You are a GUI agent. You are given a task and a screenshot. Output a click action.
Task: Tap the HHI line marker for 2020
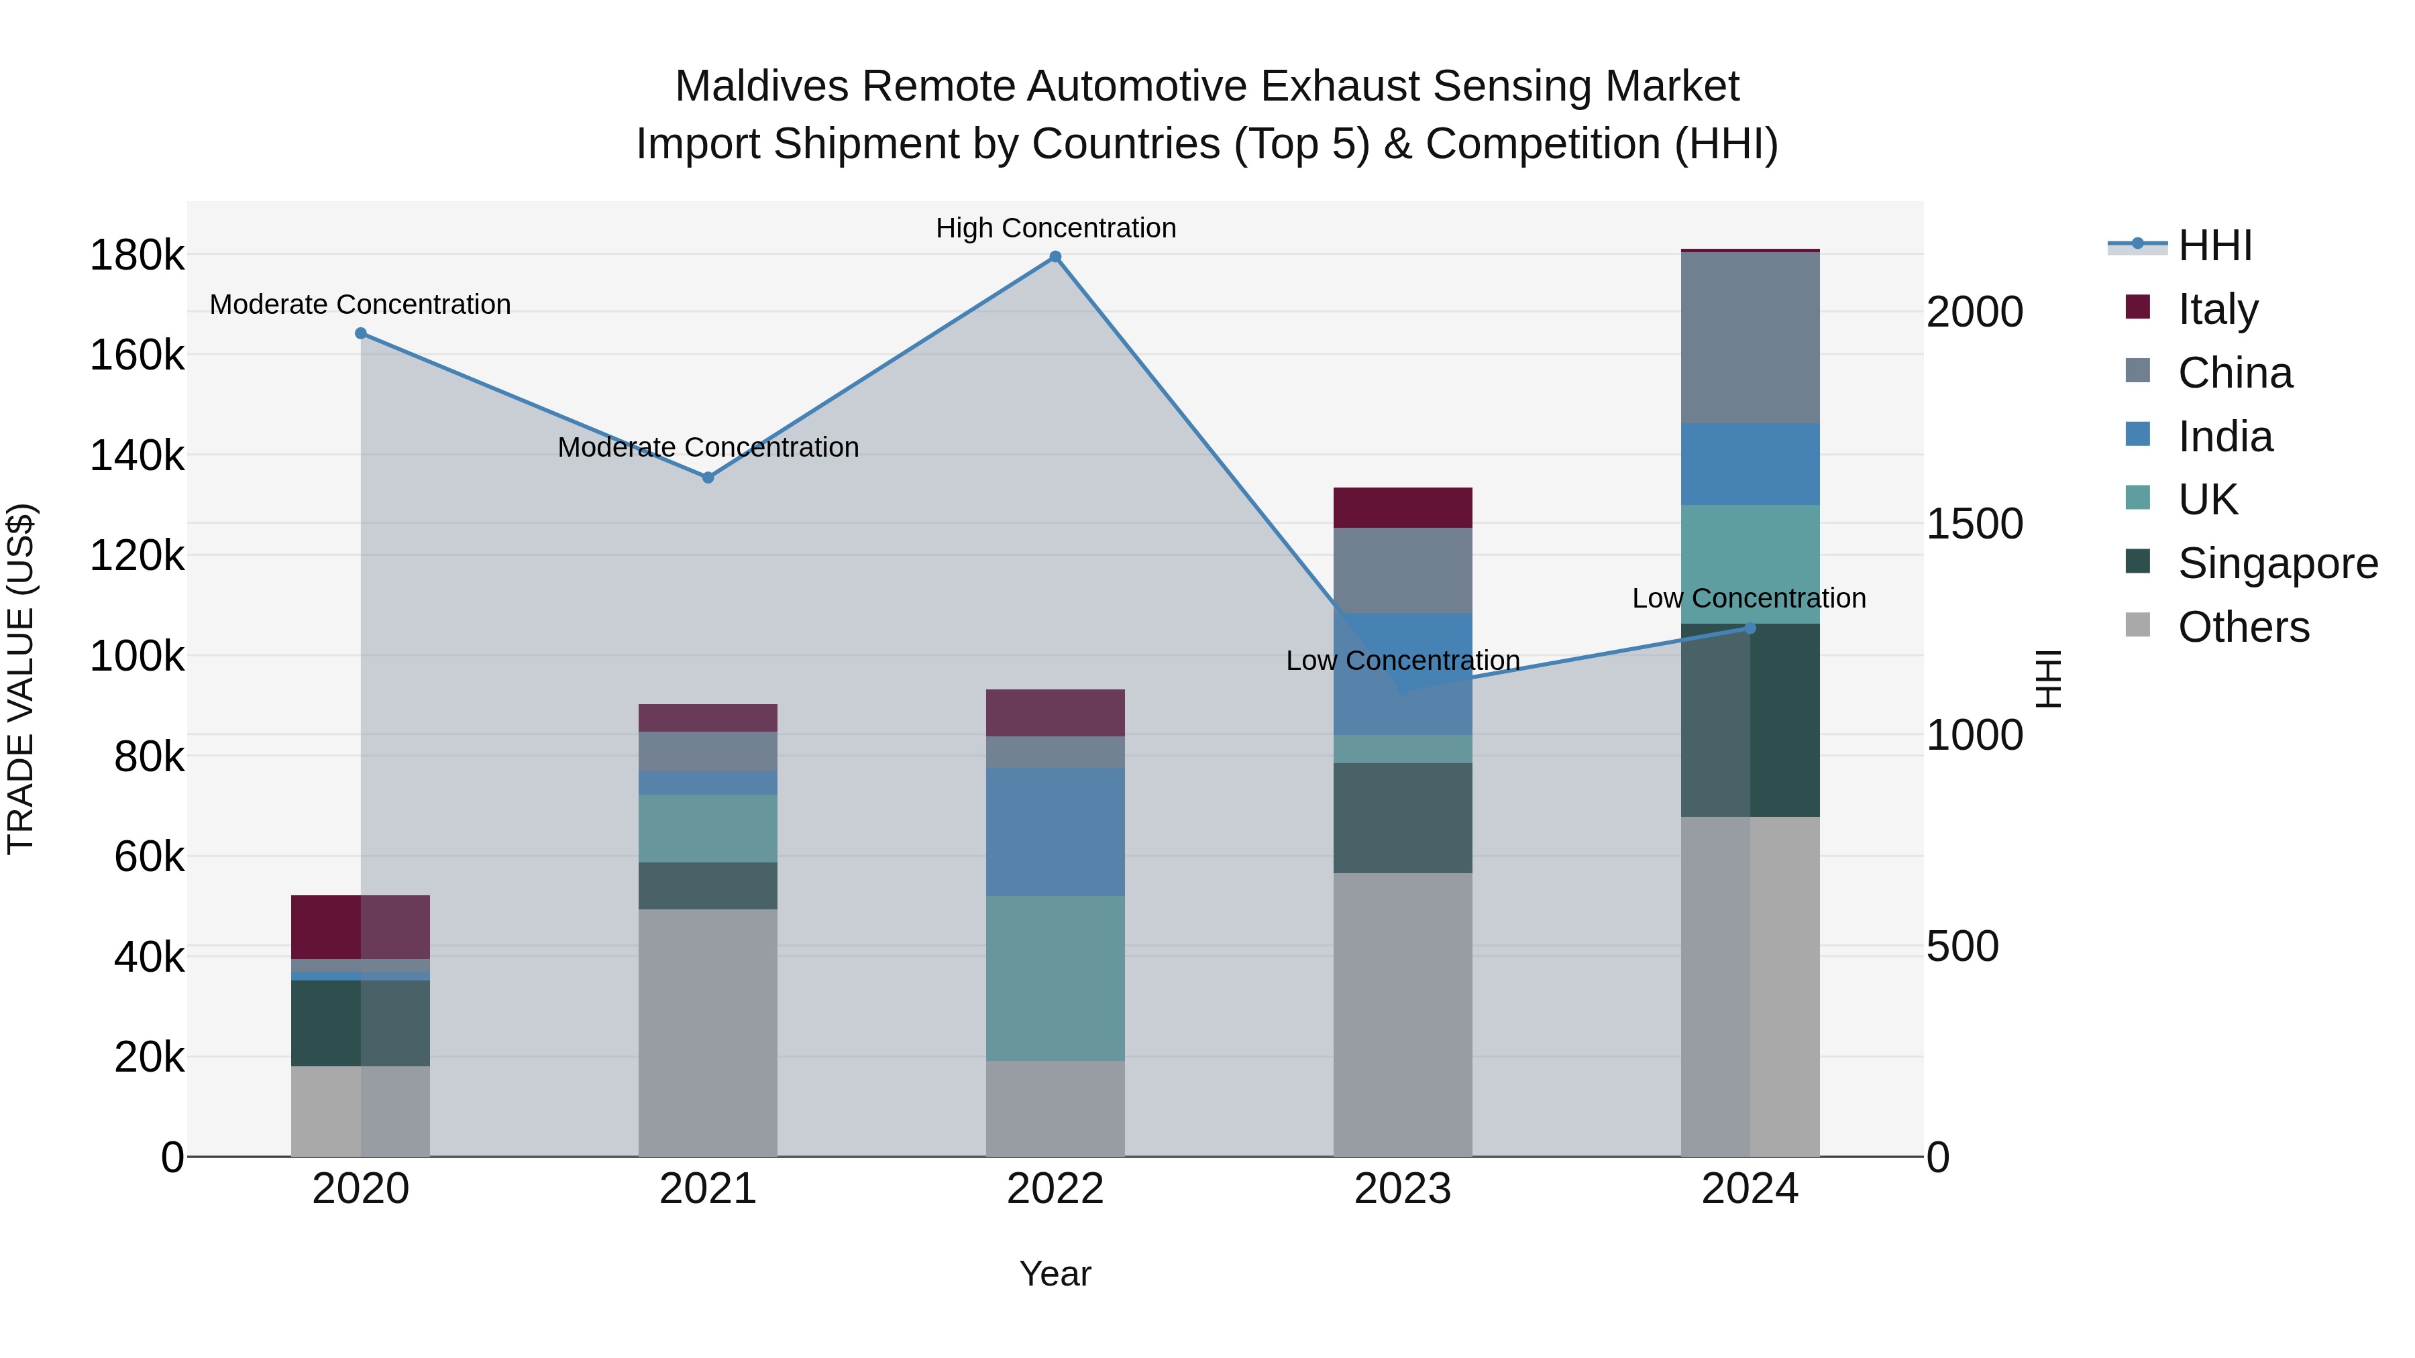(361, 334)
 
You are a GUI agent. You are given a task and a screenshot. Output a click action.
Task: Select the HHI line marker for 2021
(708, 478)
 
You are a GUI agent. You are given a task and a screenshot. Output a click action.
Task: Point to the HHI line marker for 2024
(1750, 628)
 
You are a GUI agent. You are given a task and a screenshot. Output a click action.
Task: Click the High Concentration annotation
(1056, 228)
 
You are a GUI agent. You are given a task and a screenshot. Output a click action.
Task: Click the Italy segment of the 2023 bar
(1403, 507)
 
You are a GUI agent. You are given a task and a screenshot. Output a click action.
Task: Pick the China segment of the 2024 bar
(1750, 337)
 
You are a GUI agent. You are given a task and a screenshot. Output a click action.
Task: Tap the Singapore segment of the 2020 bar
(361, 1023)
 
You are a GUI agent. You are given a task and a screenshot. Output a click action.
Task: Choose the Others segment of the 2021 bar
(708, 1032)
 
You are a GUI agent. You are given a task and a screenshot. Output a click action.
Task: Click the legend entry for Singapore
(2277, 563)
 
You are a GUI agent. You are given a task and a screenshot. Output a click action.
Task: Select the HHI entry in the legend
(2214, 245)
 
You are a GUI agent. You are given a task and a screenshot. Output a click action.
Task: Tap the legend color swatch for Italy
(2137, 306)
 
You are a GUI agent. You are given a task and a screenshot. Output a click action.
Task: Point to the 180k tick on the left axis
(137, 255)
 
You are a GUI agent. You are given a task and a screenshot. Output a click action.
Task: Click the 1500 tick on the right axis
(1974, 524)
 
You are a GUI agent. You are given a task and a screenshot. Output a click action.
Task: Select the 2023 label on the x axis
(1403, 1189)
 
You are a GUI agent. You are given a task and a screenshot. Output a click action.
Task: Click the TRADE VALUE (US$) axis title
(21, 679)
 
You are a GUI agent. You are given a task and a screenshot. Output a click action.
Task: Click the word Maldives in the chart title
(761, 87)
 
